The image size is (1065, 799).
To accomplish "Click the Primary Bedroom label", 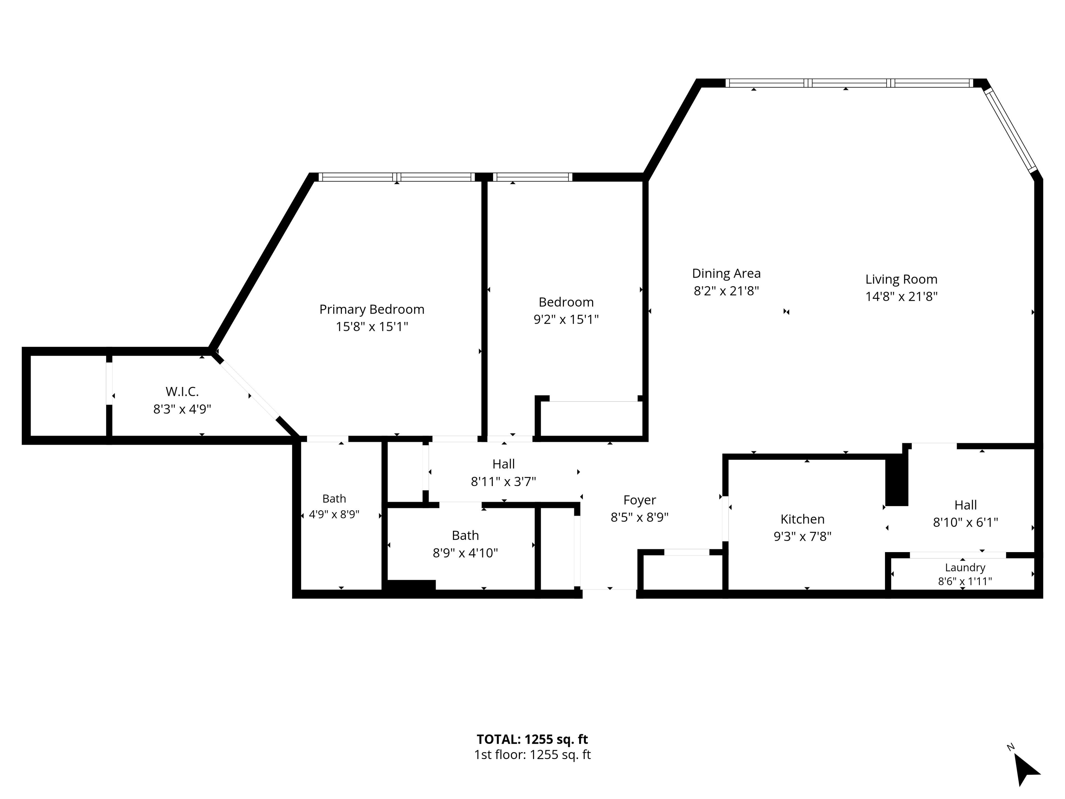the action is [372, 309].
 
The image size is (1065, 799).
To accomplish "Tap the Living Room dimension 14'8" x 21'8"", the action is [901, 297].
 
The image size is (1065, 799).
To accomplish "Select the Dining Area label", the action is [726, 274].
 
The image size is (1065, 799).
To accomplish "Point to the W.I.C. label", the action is [182, 391].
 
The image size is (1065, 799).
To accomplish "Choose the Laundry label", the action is [965, 568].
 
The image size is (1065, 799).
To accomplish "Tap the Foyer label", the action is [639, 500].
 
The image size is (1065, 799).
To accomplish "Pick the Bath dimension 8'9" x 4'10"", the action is [465, 553].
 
